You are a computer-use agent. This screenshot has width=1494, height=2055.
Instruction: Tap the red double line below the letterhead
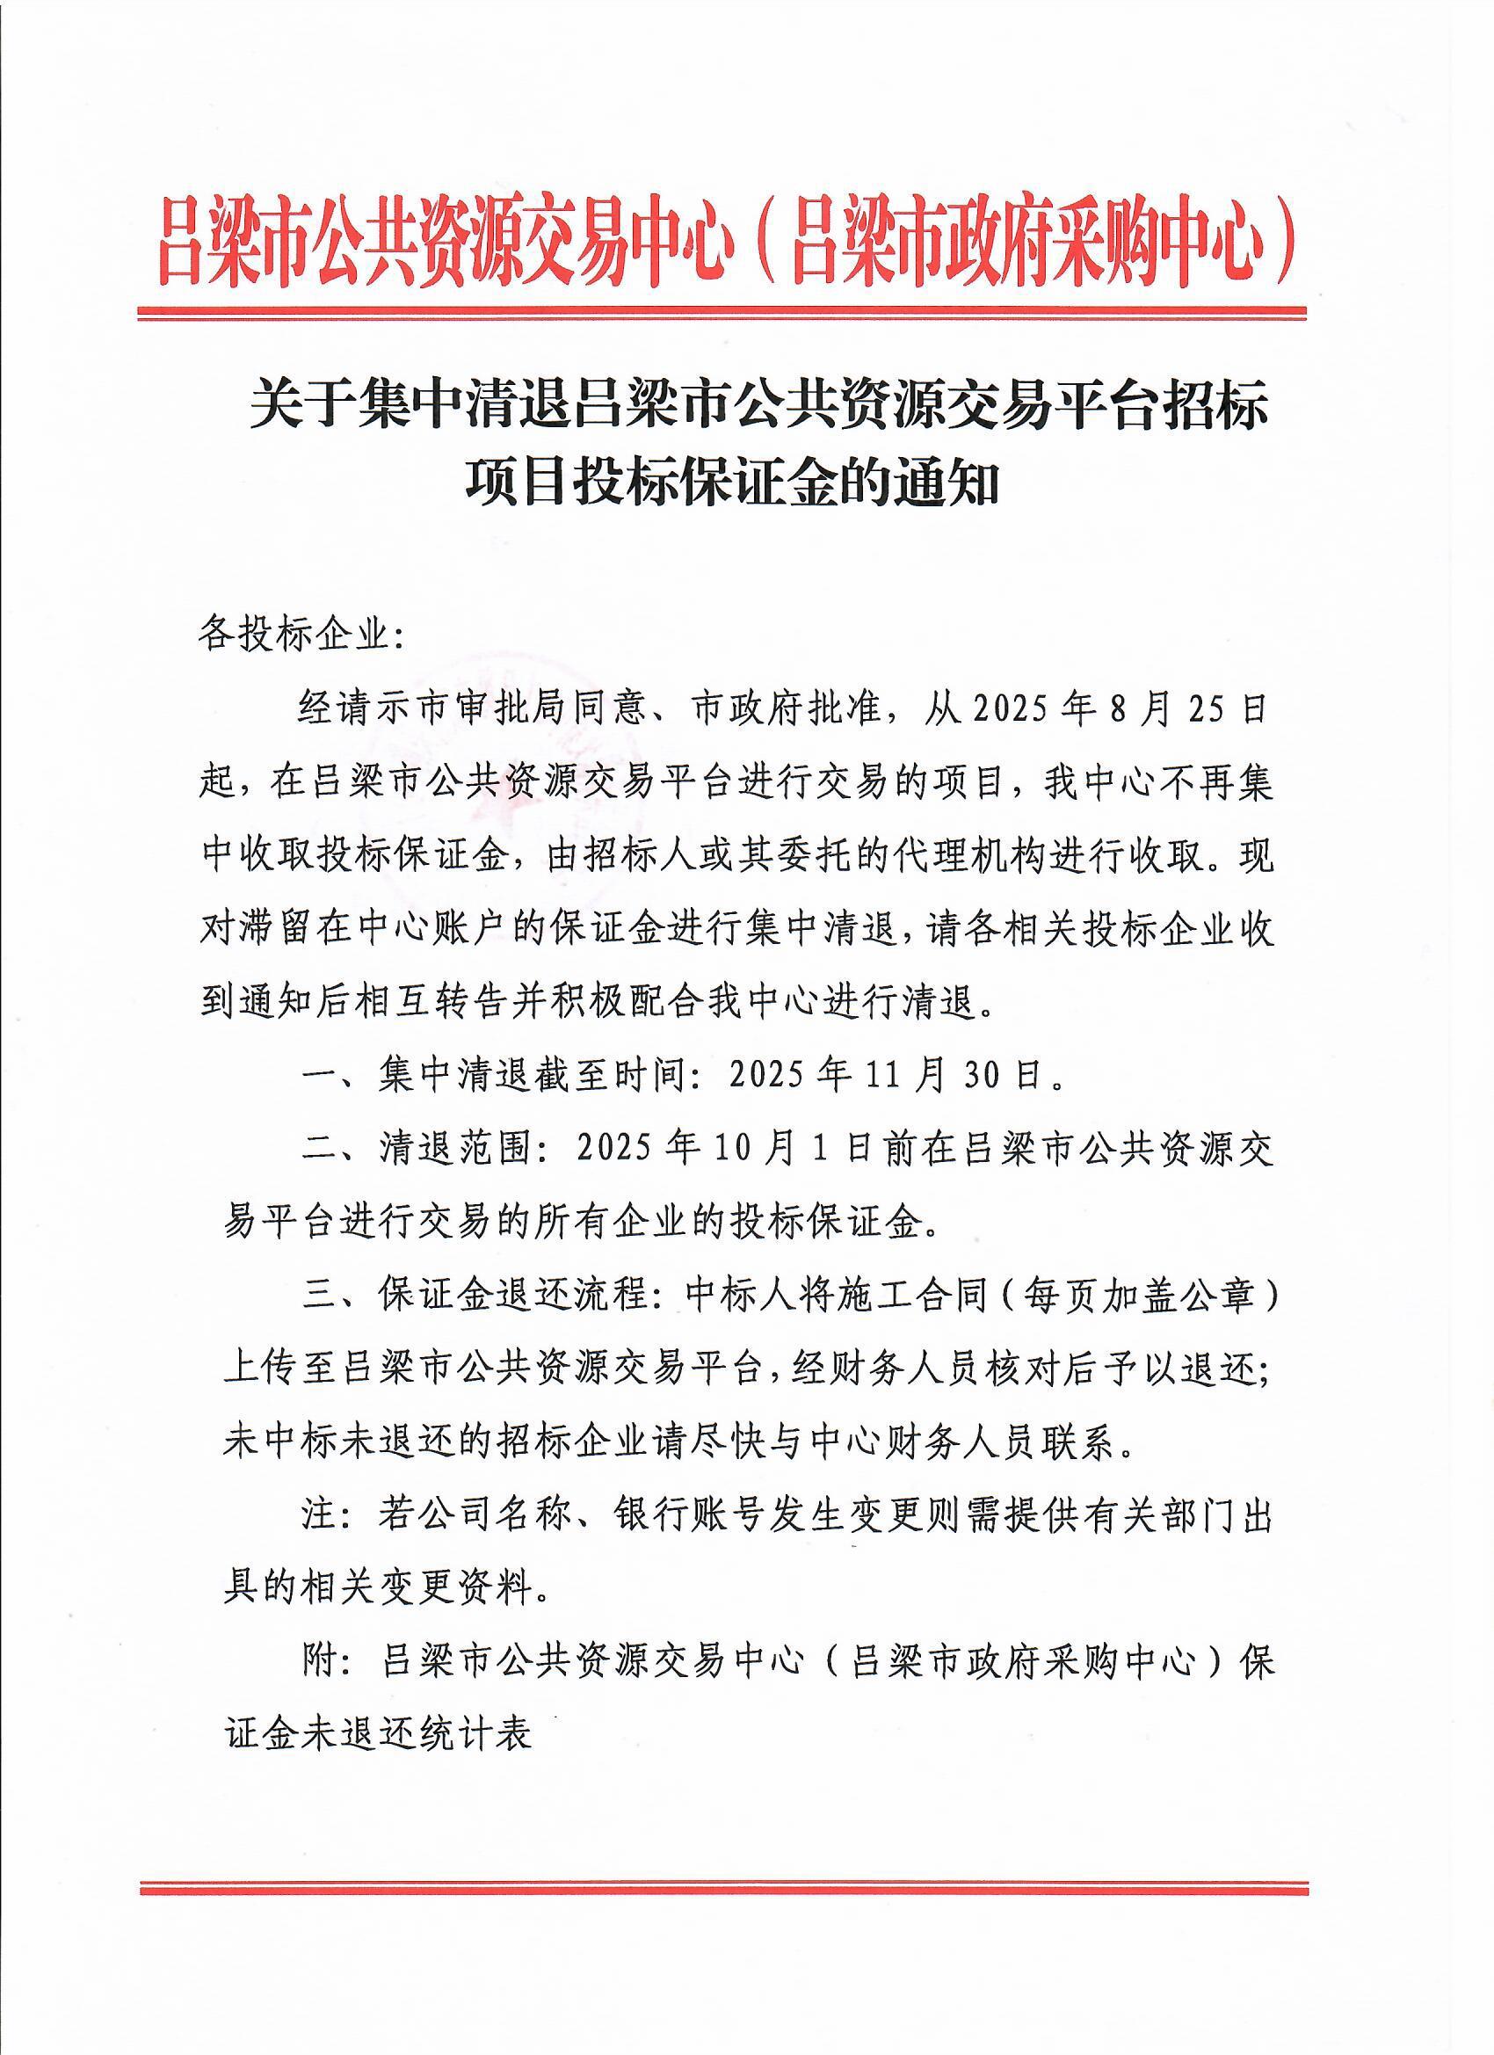tap(723, 314)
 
